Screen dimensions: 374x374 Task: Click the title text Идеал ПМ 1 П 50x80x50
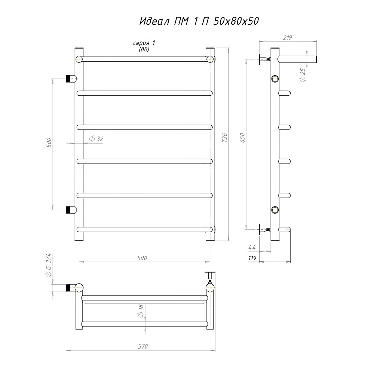tap(199, 21)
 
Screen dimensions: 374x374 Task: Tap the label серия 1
tap(144, 43)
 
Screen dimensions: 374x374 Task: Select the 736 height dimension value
tap(224, 138)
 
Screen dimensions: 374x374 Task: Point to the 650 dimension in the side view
tap(242, 138)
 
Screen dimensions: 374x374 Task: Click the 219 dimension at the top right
tap(287, 37)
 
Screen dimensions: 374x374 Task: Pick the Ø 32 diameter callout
tap(96, 139)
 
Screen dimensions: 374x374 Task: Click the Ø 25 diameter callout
tap(303, 75)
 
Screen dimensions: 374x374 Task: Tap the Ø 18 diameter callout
tap(141, 311)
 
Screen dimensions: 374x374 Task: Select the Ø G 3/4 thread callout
tap(48, 265)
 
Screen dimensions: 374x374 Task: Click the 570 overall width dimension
tap(143, 346)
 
